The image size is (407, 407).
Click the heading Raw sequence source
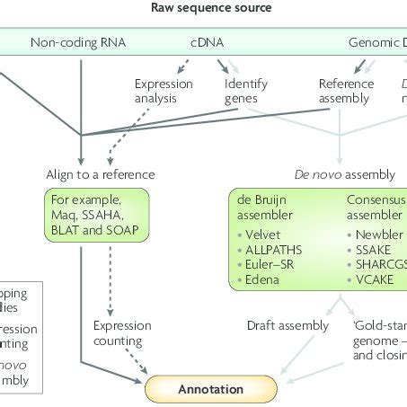202,8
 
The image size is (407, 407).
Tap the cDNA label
207,42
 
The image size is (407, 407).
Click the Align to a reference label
101,173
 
